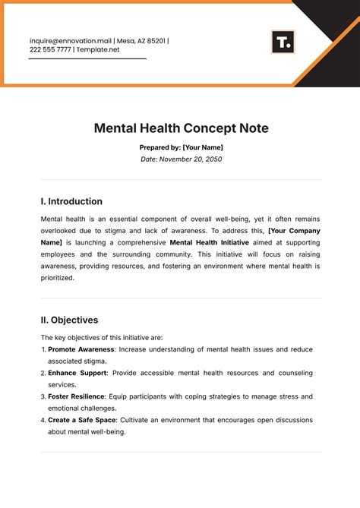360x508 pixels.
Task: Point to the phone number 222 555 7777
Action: (51, 50)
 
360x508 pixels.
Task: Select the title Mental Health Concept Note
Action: (180, 128)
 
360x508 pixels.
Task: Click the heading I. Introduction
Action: (71, 202)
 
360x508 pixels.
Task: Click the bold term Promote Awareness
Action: (81, 349)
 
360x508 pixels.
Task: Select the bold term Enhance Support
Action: (77, 373)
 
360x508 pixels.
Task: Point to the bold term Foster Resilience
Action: (78, 396)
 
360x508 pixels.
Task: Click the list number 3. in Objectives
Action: (43, 396)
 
